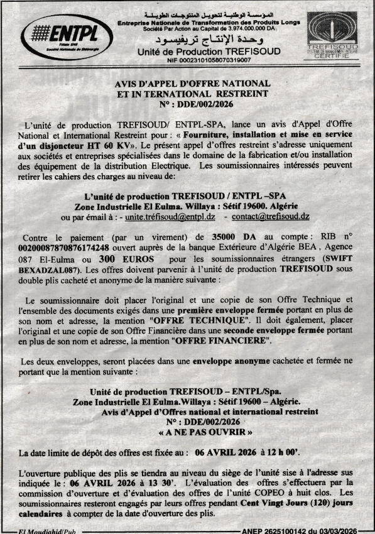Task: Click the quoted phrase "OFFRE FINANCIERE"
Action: click(x=226, y=342)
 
